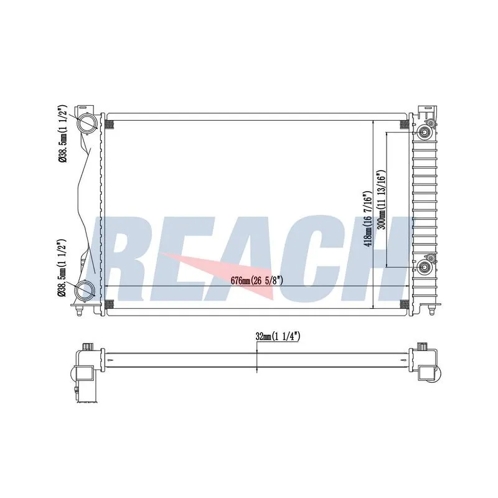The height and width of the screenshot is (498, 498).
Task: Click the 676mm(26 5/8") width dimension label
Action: (256, 281)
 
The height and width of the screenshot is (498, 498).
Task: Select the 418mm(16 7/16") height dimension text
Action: (367, 219)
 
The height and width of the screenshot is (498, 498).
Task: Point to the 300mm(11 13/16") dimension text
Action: (381, 200)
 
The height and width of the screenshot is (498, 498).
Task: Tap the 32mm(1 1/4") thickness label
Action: (278, 336)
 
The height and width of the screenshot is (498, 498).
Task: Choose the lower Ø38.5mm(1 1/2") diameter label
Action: (62, 268)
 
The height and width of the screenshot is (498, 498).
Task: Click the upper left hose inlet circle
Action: (87, 123)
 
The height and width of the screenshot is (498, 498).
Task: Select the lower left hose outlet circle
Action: (85, 290)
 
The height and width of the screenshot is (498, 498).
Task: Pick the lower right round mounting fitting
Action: (424, 267)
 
